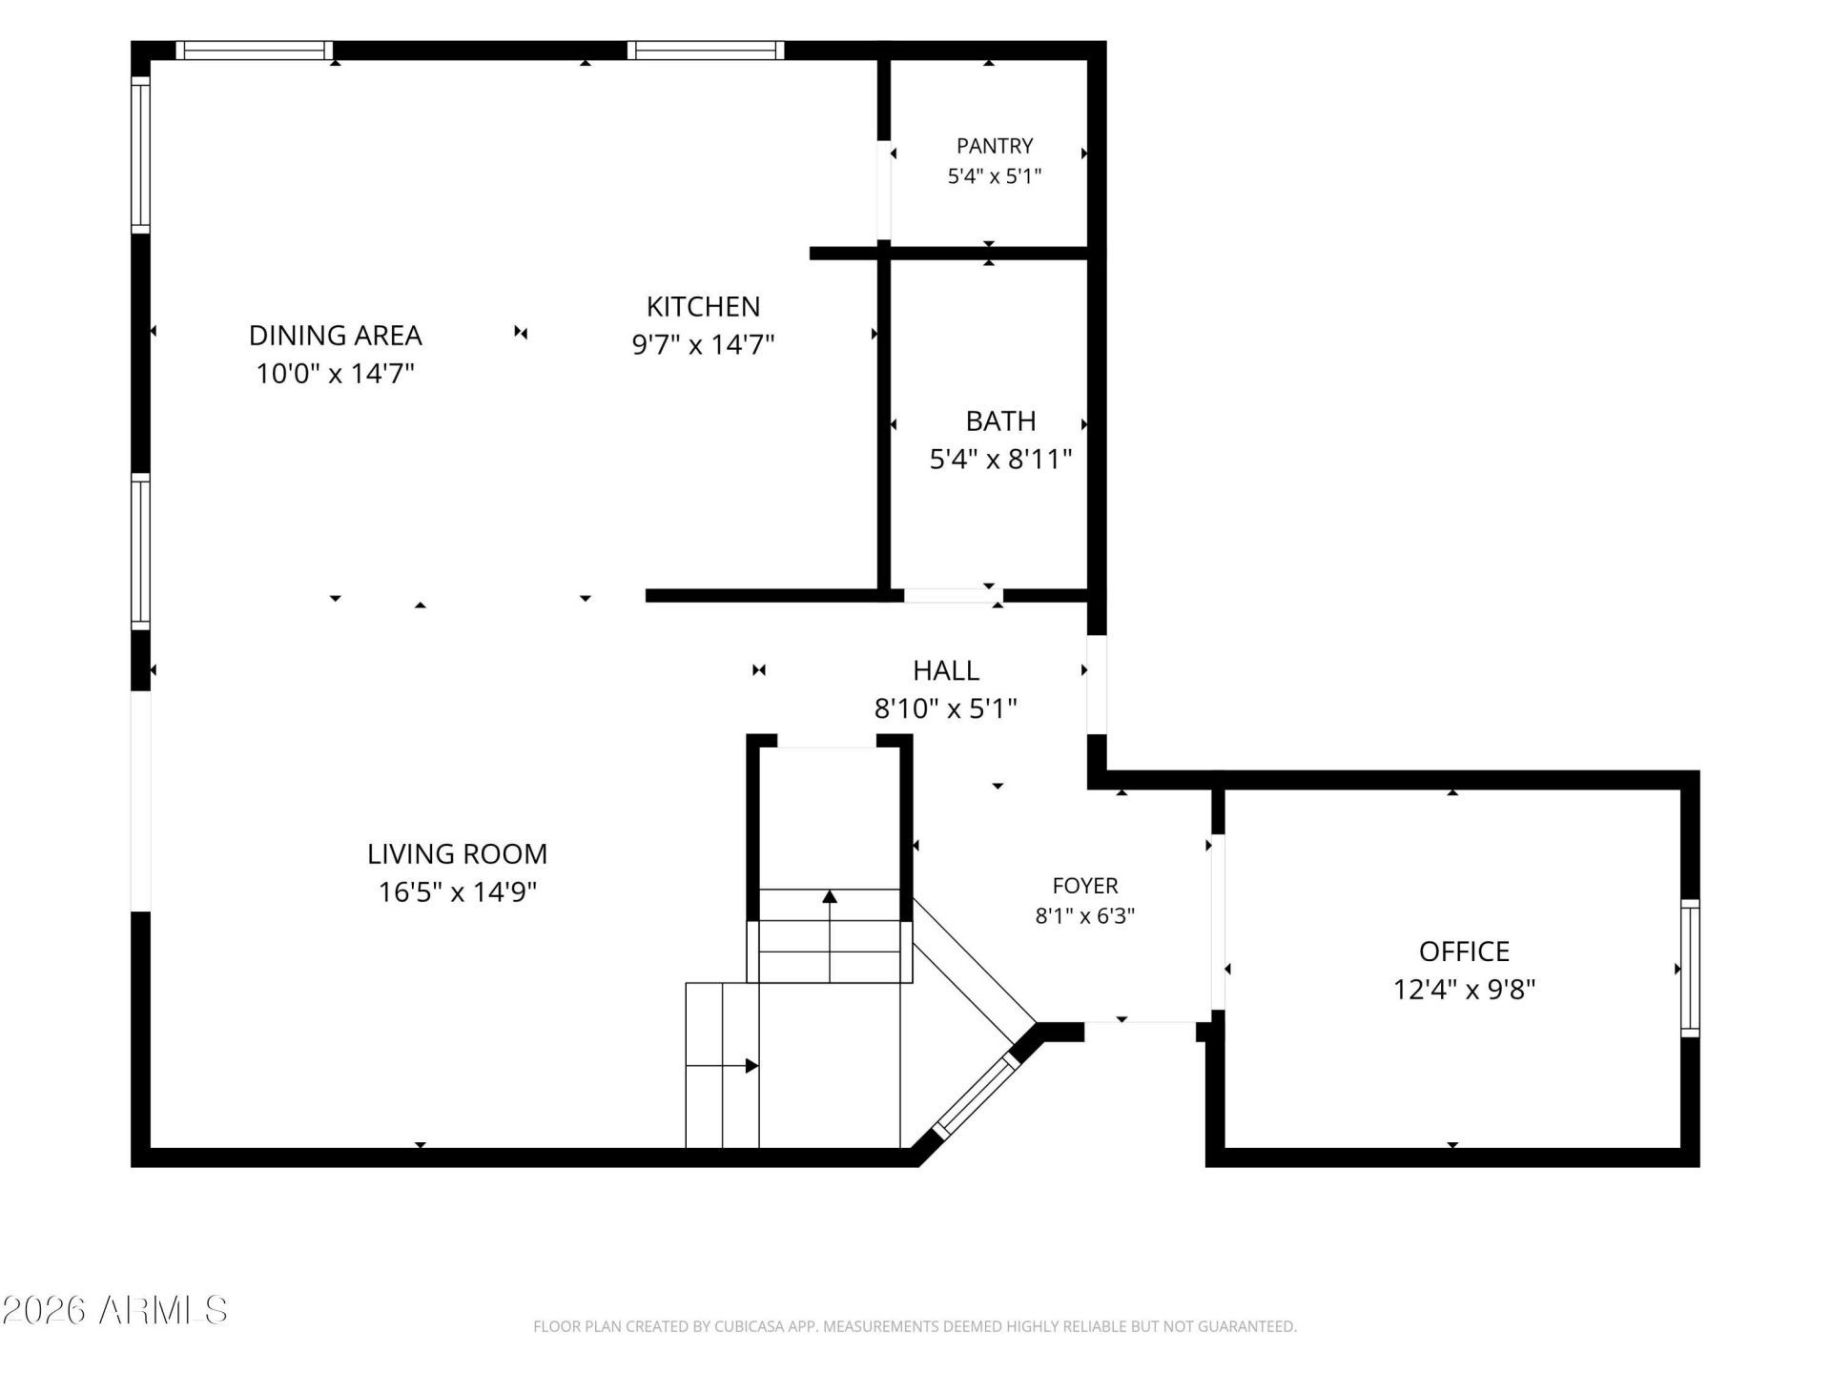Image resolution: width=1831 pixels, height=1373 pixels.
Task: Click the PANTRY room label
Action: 995,146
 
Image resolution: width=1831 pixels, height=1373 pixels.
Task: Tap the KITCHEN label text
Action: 704,306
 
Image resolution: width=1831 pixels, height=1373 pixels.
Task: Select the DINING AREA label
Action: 336,336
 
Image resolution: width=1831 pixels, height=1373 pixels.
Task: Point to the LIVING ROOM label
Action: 458,853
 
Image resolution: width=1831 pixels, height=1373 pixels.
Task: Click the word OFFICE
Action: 1465,952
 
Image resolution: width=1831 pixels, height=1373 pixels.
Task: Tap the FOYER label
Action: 1085,886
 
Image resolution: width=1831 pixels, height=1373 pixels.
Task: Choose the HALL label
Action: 946,670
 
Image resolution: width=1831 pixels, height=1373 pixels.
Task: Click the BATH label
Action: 1000,420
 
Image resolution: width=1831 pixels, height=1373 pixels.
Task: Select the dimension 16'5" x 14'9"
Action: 458,891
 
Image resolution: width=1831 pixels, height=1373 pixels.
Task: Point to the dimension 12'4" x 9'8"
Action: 1465,990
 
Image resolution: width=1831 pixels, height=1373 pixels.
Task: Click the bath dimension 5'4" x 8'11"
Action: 1000,460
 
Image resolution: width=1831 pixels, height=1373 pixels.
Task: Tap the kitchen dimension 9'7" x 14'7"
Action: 704,344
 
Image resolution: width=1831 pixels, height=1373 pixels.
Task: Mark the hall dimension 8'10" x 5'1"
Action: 946,708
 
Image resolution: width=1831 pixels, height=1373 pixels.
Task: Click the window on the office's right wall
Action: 1690,969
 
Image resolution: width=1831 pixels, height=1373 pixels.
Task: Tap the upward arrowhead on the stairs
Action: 830,896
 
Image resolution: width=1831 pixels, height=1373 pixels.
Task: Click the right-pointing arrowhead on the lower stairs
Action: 751,1065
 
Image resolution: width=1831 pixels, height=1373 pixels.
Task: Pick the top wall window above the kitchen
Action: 706,51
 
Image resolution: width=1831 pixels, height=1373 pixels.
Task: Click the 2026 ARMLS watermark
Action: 115,1310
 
